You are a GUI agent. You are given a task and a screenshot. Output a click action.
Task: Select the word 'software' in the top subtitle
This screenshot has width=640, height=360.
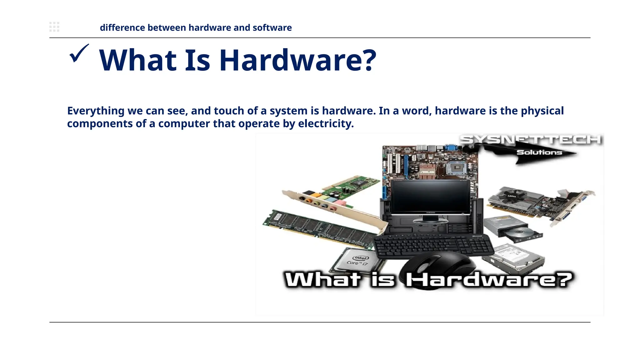272,28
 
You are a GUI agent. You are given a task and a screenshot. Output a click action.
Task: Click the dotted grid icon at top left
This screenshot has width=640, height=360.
54,27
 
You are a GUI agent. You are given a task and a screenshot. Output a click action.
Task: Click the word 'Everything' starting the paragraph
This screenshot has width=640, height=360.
96,111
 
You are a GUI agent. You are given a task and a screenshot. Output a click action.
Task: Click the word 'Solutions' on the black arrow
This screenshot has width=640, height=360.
539,152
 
